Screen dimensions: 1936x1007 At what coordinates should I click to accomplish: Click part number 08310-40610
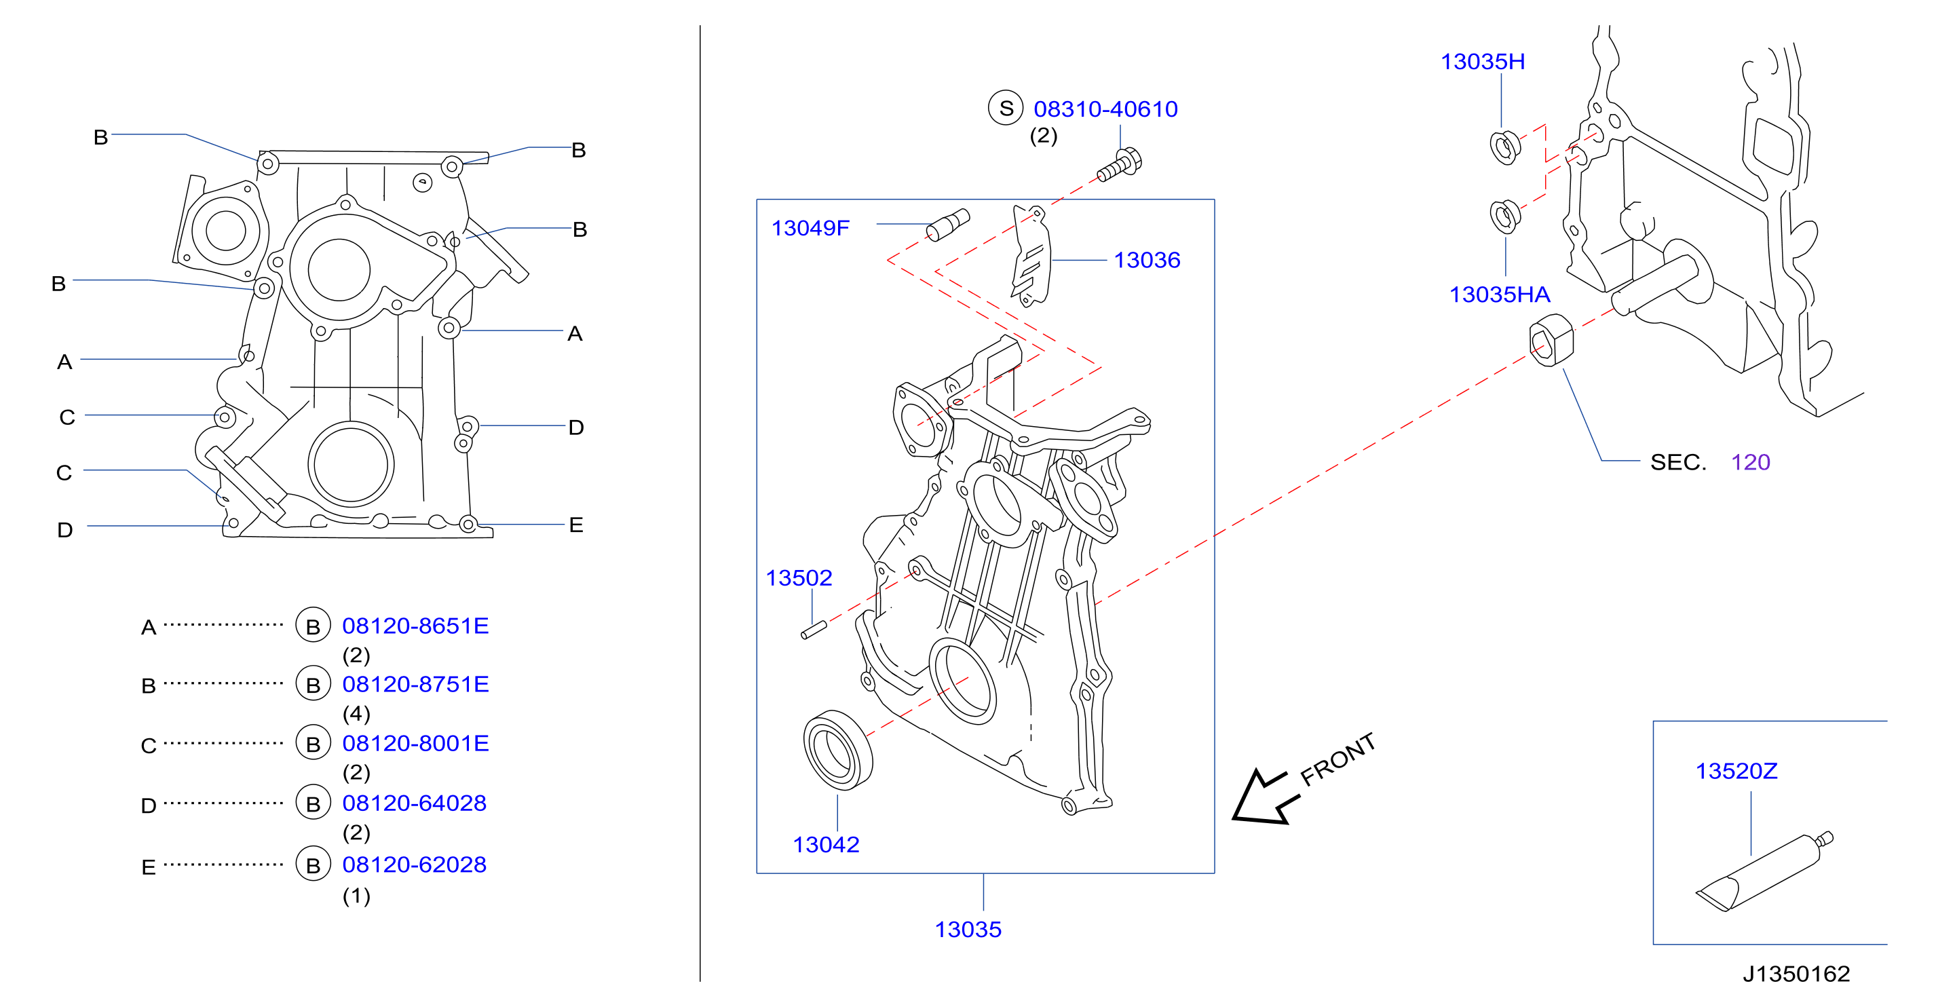(1105, 109)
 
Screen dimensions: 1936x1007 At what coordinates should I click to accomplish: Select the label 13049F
(810, 228)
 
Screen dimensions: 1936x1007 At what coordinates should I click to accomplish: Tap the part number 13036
(1147, 260)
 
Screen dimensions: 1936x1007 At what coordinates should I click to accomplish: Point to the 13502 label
(799, 578)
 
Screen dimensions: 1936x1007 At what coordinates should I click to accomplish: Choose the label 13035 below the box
(968, 930)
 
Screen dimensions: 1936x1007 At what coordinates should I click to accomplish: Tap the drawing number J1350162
(1796, 974)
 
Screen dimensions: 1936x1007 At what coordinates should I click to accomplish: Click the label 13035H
(1483, 62)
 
